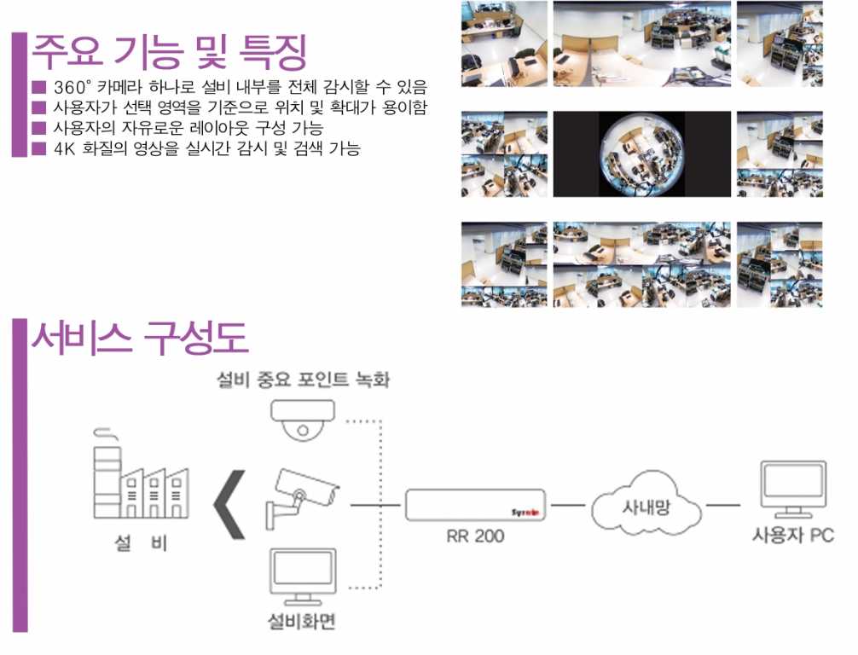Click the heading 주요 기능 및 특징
pos(169,52)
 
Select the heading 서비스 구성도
pos(140,338)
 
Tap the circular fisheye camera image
pos(641,154)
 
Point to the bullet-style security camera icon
pos(302,497)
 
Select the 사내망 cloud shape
pos(646,504)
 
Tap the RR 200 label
pos(475,536)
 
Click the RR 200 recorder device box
pos(475,505)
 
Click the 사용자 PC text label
pos(793,535)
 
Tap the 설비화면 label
pos(302,621)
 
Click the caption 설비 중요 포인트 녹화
pos(303,380)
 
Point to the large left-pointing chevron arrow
pos(229,505)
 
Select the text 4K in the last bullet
pos(64,149)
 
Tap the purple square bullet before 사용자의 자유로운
pos(39,128)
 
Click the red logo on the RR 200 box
pos(525,513)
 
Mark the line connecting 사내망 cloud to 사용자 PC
pos(723,505)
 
